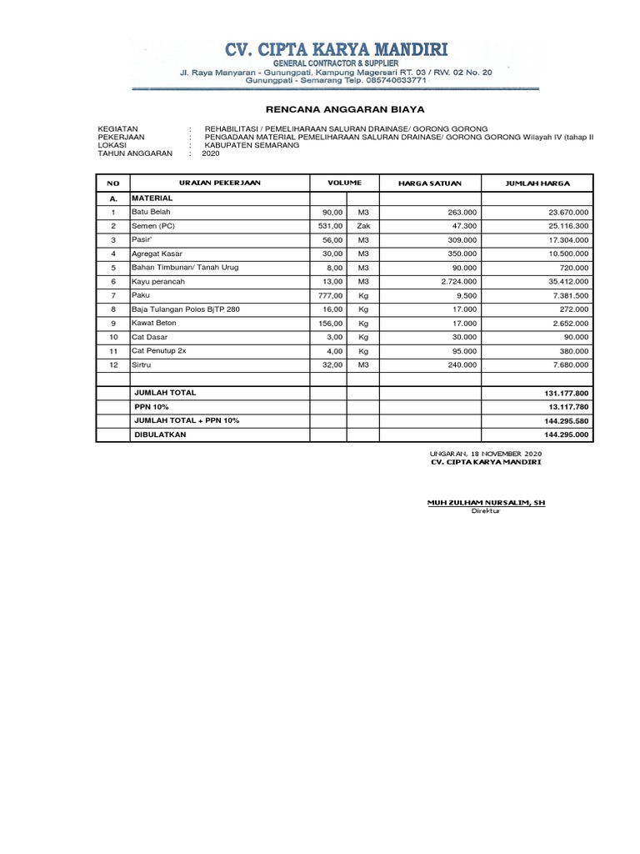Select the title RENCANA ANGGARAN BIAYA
pyautogui.click(x=344, y=108)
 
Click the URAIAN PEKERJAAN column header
pyautogui.click(x=220, y=183)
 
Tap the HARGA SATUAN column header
pyautogui.click(x=429, y=183)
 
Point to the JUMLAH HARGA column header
pyautogui.click(x=537, y=183)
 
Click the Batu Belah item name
pyautogui.click(x=151, y=213)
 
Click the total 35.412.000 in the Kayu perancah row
pyautogui.click(x=565, y=282)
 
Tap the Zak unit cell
pyautogui.click(x=362, y=226)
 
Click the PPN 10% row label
pyautogui.click(x=152, y=406)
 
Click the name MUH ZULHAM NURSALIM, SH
pyautogui.click(x=485, y=503)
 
